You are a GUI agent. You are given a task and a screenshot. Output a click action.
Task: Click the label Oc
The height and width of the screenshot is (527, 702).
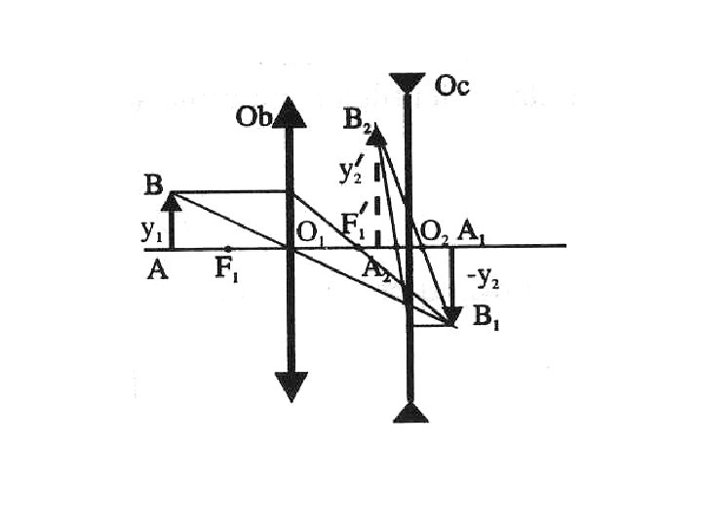[x=451, y=87]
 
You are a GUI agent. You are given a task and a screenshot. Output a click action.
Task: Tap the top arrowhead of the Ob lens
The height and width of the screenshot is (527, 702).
[x=291, y=112]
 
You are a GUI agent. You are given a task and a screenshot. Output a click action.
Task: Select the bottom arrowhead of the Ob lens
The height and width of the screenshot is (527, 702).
[x=291, y=386]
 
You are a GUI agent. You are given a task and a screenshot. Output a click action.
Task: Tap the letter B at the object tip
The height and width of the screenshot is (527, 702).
[x=152, y=184]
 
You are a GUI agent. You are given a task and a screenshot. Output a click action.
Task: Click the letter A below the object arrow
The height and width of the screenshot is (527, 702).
[x=157, y=270]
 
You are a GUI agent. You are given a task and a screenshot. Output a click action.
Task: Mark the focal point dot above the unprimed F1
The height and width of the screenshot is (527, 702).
[x=227, y=248]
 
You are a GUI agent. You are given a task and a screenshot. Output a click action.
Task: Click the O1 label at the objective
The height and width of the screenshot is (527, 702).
[x=310, y=234]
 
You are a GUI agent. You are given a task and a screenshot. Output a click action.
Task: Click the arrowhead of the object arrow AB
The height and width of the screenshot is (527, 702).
[x=172, y=201]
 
